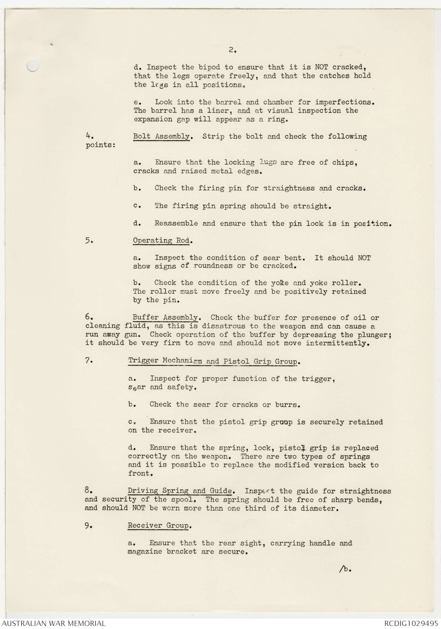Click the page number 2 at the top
(232, 50)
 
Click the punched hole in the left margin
(33, 65)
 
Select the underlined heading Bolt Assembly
(161, 136)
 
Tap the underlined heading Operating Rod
(161, 240)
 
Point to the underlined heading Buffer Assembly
(165, 318)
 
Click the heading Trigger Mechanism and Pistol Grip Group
(212, 361)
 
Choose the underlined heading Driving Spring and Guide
(180, 491)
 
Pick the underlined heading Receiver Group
(158, 526)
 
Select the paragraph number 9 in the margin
(88, 526)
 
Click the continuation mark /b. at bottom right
(345, 569)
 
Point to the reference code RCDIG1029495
(411, 623)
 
